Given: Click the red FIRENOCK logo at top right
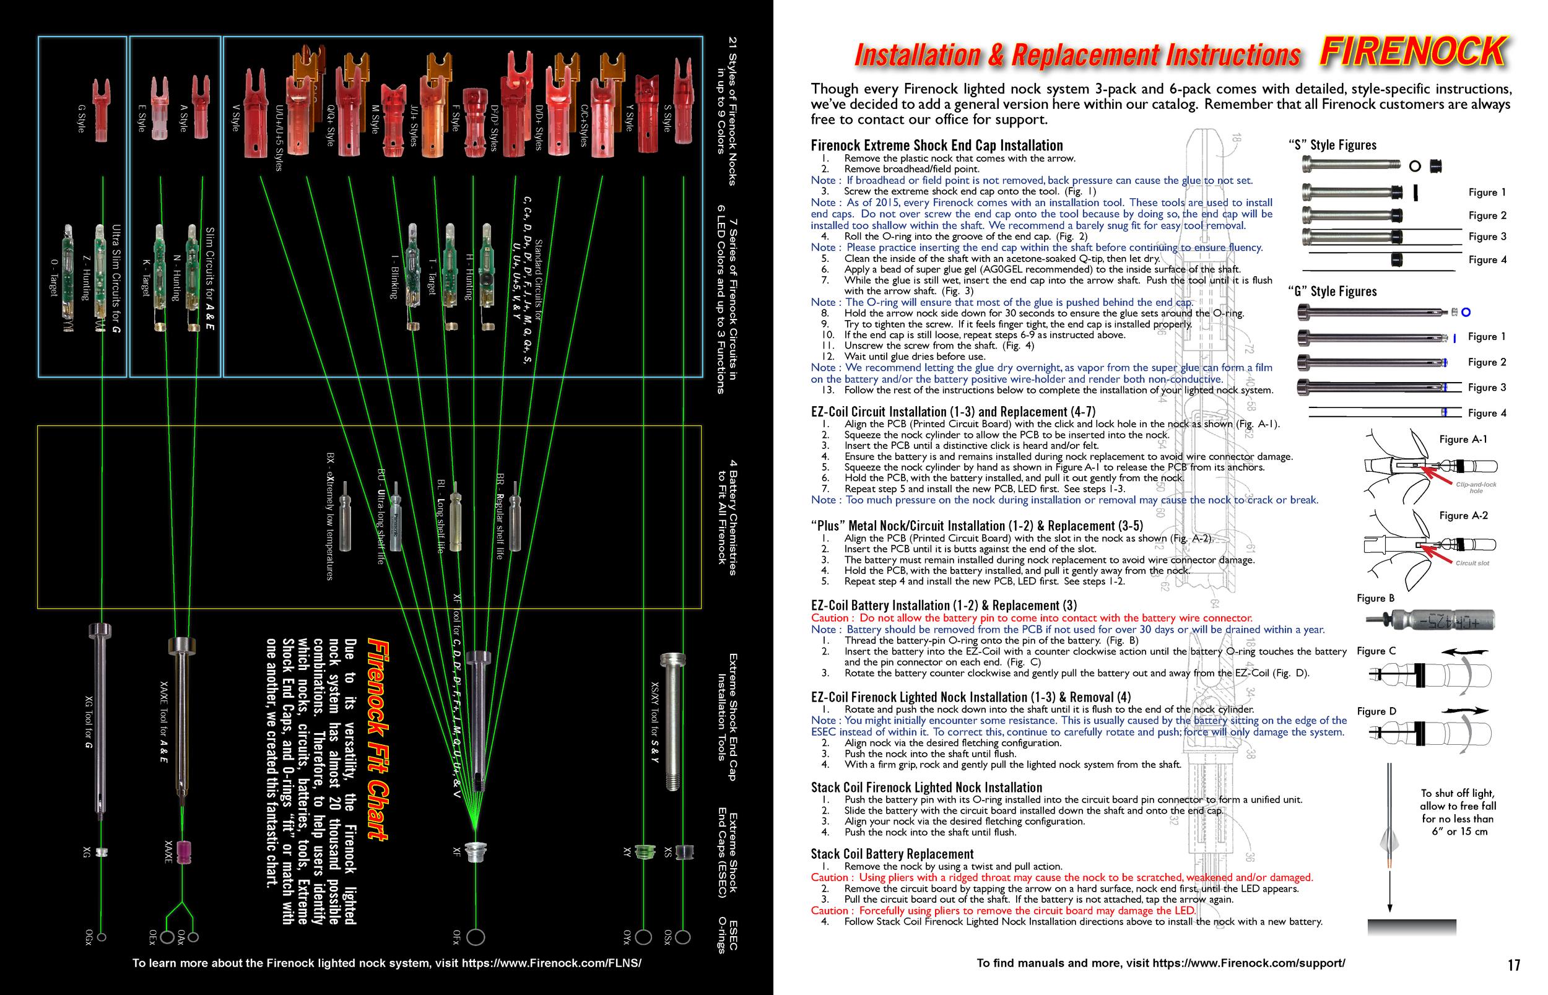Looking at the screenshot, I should coord(1413,51).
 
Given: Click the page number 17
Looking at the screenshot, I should coord(1514,965).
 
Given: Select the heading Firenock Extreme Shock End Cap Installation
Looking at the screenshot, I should coord(937,146).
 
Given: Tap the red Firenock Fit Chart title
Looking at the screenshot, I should coord(378,740).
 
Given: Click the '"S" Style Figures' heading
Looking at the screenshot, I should coord(1333,146).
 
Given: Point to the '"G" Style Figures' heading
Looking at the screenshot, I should coord(1333,292).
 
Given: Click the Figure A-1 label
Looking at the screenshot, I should coord(1463,440).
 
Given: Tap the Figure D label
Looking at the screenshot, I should coord(1376,711).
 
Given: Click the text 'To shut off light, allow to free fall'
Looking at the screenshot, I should coord(1458,800).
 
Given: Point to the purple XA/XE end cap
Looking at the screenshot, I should coord(184,852).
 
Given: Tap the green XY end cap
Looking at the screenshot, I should coord(644,851).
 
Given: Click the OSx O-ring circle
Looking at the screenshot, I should coord(683,937).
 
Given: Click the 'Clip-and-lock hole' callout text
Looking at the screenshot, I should coord(1476,487).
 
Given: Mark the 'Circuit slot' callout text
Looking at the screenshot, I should coord(1472,563).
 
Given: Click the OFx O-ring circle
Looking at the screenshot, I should coord(476,937).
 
